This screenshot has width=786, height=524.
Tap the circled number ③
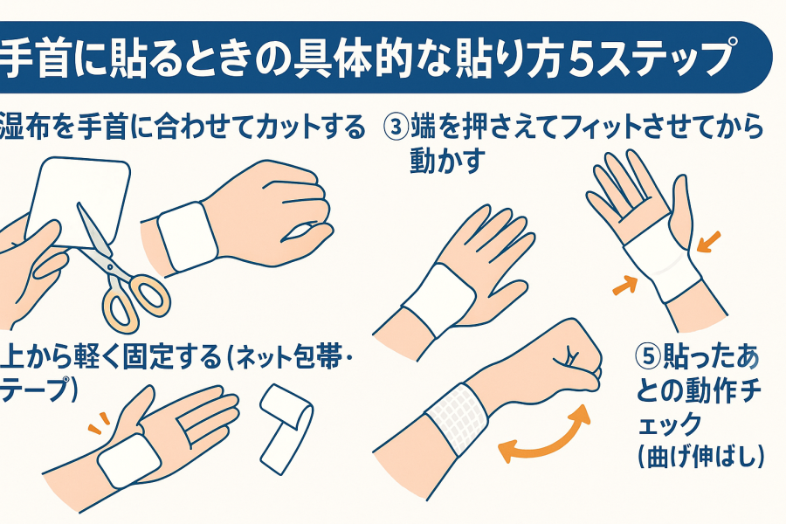coord(396,126)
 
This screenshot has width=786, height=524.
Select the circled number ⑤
coord(649,356)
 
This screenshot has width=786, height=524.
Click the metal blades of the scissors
coord(94,237)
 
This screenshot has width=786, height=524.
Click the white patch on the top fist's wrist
coord(188,236)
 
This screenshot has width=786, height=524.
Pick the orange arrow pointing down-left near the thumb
coord(708,242)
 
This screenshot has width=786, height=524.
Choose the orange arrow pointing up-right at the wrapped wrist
coord(625,285)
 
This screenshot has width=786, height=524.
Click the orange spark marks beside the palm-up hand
coord(100,423)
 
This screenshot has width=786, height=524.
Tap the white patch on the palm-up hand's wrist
coord(128,460)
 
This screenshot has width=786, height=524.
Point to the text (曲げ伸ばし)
coord(700,456)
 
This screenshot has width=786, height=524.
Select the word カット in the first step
coord(282,126)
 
